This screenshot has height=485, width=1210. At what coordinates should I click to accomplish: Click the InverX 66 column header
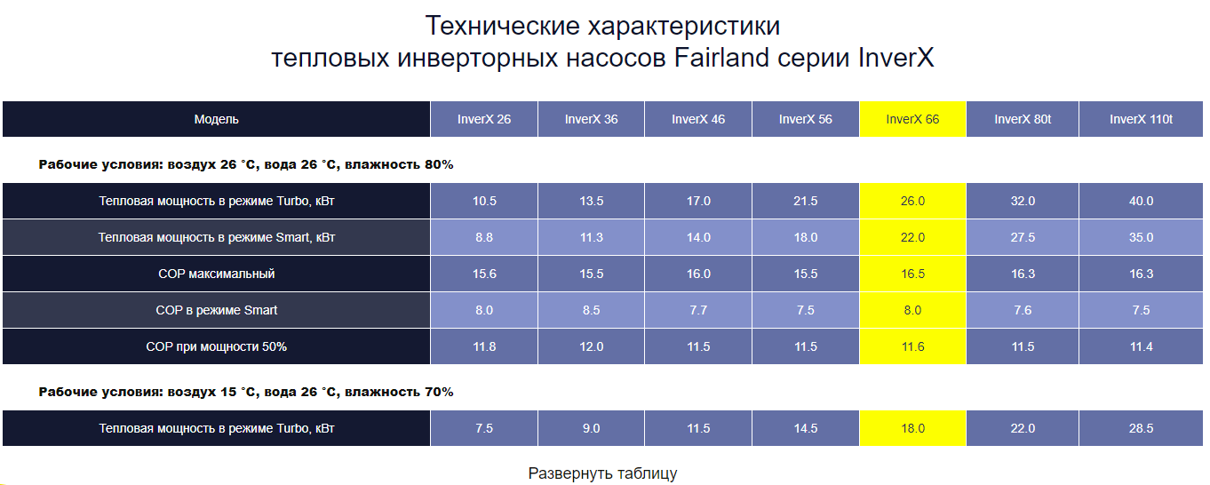[912, 119]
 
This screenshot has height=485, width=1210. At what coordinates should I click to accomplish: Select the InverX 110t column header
[1141, 119]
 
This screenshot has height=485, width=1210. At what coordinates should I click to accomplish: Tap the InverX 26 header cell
[484, 119]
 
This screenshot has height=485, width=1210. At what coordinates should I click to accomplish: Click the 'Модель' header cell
[216, 119]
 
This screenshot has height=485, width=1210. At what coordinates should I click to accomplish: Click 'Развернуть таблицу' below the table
[602, 473]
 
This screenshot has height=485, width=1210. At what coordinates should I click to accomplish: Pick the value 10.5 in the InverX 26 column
[484, 201]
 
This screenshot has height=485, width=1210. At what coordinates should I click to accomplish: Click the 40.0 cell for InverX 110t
[1141, 201]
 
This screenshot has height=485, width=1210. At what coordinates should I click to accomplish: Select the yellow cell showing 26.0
[912, 201]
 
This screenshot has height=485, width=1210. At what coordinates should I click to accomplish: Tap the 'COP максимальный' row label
[216, 274]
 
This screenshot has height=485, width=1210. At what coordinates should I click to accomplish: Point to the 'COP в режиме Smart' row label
[216, 310]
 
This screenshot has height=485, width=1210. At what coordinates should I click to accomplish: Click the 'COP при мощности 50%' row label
[216, 346]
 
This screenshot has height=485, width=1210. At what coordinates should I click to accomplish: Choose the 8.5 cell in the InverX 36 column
[591, 310]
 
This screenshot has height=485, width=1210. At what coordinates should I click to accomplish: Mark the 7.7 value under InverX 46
[698, 310]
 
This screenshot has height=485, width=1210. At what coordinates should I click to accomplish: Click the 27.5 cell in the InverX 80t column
[1023, 237]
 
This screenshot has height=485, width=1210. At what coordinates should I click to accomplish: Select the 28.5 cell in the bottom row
[1141, 428]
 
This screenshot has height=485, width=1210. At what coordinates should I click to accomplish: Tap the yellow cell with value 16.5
[912, 274]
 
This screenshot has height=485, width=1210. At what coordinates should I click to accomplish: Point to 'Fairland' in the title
[721, 58]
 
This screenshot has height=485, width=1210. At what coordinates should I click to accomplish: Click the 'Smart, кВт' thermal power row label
[216, 237]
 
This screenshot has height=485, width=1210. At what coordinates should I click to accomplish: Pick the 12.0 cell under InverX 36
[591, 346]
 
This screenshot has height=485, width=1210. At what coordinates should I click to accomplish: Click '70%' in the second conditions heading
[439, 392]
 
